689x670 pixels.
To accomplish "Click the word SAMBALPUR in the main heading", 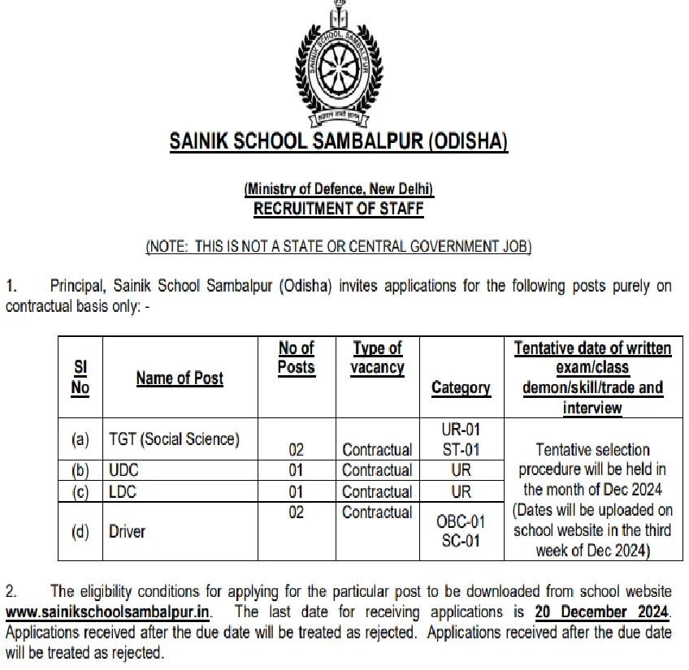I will pos(364,140).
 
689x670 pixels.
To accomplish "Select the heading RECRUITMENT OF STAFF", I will pos(338,209).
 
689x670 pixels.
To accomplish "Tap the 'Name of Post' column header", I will pos(180,378).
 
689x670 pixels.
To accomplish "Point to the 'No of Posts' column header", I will pos(296,357).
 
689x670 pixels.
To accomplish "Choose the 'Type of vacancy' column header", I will pos(377,357).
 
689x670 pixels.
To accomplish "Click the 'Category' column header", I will pos(461,387).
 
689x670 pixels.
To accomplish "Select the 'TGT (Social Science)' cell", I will pos(174,439).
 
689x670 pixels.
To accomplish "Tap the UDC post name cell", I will pos(124,470).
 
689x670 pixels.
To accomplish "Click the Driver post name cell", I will pos(127,531).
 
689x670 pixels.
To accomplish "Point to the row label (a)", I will pos(80,439).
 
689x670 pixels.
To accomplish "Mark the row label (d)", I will pos(80,531).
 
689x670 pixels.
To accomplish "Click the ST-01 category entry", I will pos(461,449).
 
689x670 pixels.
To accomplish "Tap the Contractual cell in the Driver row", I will pos(377,512).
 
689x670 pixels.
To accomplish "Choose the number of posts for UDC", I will pos(296,470).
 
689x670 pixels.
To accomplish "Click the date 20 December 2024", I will pos(602,611).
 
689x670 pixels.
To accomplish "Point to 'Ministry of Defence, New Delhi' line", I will pos(339,189).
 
